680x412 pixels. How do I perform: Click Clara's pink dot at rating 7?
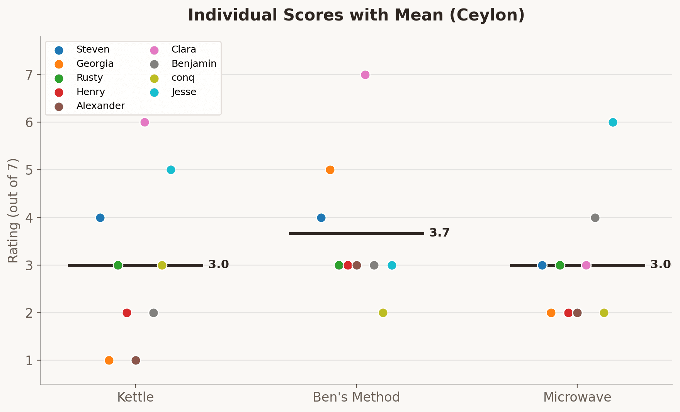click(365, 75)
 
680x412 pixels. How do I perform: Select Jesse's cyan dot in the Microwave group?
click(613, 122)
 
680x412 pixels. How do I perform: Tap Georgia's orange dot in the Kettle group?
click(109, 360)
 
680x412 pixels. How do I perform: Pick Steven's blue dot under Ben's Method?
click(321, 218)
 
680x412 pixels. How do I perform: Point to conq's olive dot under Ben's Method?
click(383, 313)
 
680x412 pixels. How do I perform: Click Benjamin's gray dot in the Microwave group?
click(595, 218)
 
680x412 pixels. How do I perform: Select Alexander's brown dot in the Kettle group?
click(136, 360)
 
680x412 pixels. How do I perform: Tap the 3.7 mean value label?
click(439, 233)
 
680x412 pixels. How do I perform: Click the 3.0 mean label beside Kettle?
click(218, 265)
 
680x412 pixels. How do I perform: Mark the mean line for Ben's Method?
click(356, 233)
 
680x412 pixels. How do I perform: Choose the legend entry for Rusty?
click(89, 78)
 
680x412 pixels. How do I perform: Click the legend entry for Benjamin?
click(194, 64)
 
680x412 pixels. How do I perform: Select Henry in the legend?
click(90, 92)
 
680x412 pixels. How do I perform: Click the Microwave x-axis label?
click(577, 397)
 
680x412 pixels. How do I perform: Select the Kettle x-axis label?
click(135, 397)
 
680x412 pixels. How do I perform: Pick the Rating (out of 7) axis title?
click(14, 211)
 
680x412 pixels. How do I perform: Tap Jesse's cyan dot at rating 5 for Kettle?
click(171, 170)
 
